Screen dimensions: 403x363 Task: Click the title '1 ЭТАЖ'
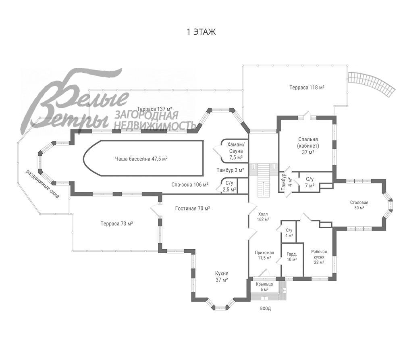pyautogui.click(x=201, y=32)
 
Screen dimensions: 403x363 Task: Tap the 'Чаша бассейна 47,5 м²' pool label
pyautogui.click(x=141, y=159)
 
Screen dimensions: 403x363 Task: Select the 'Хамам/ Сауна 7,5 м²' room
pyautogui.click(x=236, y=151)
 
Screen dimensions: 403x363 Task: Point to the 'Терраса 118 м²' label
pyautogui.click(x=307, y=87)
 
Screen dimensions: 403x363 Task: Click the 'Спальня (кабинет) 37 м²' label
pyautogui.click(x=308, y=146)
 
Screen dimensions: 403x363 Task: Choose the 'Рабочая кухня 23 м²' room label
pyautogui.click(x=319, y=257)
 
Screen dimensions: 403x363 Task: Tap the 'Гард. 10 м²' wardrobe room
pyautogui.click(x=292, y=257)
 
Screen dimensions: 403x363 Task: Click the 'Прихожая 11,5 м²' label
pyautogui.click(x=264, y=255)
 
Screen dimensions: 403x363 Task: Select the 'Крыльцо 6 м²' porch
pyautogui.click(x=264, y=287)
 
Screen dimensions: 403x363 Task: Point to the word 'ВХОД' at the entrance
pyautogui.click(x=266, y=308)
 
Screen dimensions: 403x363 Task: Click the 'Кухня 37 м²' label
pyautogui.click(x=222, y=277)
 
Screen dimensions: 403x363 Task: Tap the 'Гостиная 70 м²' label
pyautogui.click(x=193, y=208)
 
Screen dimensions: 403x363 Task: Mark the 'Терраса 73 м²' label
pyautogui.click(x=117, y=223)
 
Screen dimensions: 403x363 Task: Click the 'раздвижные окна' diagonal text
pyautogui.click(x=42, y=184)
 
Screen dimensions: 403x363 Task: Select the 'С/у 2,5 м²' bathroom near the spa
pyautogui.click(x=229, y=186)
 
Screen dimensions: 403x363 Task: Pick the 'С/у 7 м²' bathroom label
pyautogui.click(x=310, y=182)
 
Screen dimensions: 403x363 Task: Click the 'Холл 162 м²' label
pyautogui.click(x=263, y=217)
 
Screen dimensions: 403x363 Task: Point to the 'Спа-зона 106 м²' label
pyautogui.click(x=190, y=184)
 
